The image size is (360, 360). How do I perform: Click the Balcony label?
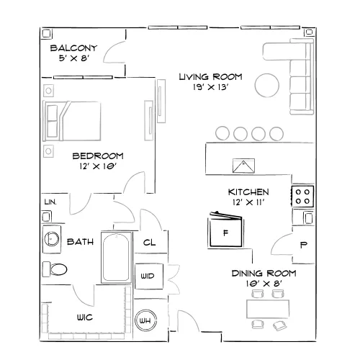pyautogui.click(x=73, y=48)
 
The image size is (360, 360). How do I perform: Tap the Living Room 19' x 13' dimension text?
pyautogui.click(x=210, y=87)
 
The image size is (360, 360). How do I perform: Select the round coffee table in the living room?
pyautogui.click(x=267, y=85)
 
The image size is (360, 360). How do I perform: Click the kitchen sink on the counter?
pyautogui.click(x=243, y=166)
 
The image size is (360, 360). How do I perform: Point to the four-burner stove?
pyautogui.click(x=302, y=197)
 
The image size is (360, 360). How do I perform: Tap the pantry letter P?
pyautogui.click(x=304, y=245)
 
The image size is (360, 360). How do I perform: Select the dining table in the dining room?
pyautogui.click(x=268, y=309)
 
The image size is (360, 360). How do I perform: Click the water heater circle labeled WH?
pyautogui.click(x=145, y=320)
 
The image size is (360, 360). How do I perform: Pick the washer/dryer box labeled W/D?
pyautogui.click(x=149, y=276)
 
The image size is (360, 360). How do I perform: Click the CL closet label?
pyautogui.click(x=149, y=243)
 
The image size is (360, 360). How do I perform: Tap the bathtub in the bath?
pyautogui.click(x=117, y=258)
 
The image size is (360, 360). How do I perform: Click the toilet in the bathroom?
pyautogui.click(x=55, y=269)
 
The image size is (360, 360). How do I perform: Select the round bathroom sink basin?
pyautogui.click(x=51, y=239)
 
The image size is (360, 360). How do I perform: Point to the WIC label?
pyautogui.click(x=85, y=318)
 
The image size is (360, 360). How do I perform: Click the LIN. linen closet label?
pyautogui.click(x=50, y=202)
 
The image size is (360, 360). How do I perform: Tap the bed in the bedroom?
pyautogui.click(x=71, y=121)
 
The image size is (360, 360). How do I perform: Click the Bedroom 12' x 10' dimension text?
pyautogui.click(x=98, y=166)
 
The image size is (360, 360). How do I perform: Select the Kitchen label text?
pyautogui.click(x=248, y=192)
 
